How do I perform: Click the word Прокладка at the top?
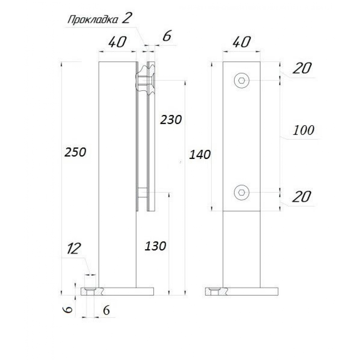tap(93, 19)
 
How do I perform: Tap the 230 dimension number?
tap(171, 120)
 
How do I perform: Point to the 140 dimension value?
tap(200, 155)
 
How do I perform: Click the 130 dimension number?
tap(155, 246)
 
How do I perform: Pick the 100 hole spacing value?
tap(303, 130)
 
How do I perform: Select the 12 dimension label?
tap(74, 248)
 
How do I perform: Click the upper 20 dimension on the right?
tap(302, 68)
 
